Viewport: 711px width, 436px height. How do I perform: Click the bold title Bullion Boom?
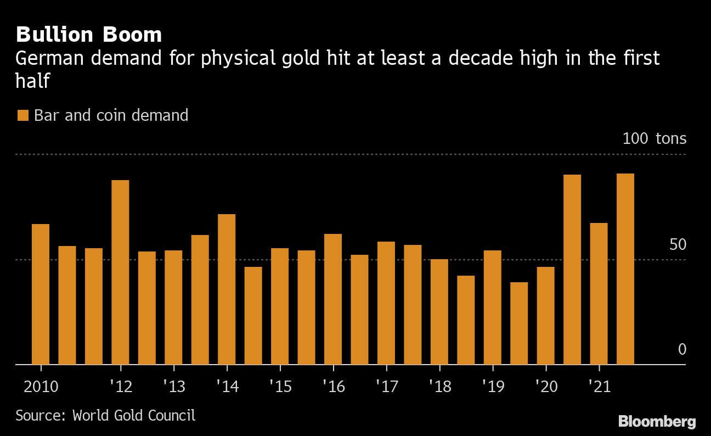(89, 35)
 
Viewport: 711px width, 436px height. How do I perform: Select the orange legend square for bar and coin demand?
(22, 115)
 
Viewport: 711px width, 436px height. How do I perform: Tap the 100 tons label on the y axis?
(654, 138)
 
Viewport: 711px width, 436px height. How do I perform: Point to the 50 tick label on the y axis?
(678, 244)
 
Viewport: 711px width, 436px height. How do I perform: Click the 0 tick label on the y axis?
(682, 349)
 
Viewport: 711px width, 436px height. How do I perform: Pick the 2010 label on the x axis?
(41, 387)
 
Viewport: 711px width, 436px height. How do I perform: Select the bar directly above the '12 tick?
(120, 272)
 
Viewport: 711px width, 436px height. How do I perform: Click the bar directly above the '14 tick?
(227, 289)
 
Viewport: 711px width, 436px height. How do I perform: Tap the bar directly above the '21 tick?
(599, 293)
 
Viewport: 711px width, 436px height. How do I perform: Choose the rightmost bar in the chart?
(625, 269)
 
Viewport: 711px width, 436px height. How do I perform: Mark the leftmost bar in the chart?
(41, 294)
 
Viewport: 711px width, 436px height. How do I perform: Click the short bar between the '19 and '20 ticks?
(519, 323)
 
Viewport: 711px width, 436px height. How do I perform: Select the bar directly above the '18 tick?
(439, 311)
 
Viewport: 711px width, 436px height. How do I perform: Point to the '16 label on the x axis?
(333, 387)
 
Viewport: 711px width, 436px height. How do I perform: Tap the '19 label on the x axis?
(492, 387)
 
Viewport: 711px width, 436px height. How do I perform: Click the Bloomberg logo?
(657, 422)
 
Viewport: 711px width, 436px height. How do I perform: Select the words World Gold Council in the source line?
(134, 415)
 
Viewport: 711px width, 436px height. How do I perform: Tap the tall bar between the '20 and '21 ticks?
(572, 269)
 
